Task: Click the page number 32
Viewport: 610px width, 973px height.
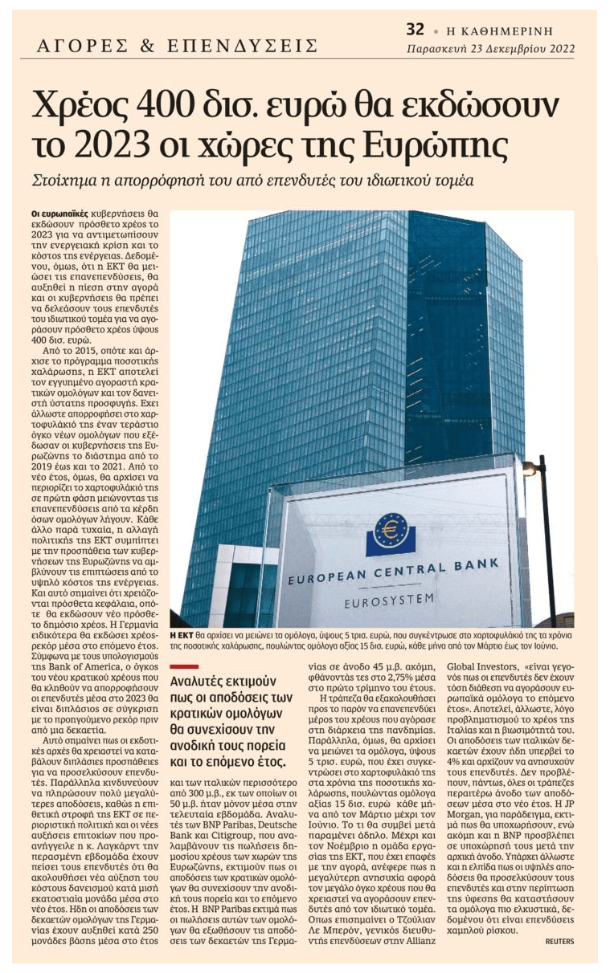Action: point(415,31)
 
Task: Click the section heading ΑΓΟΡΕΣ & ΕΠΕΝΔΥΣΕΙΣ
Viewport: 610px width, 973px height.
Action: point(178,47)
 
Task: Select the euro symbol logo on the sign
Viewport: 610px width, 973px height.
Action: point(391,531)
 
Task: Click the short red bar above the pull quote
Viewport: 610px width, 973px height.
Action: point(185,666)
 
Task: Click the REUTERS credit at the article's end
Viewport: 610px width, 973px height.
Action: point(560,940)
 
